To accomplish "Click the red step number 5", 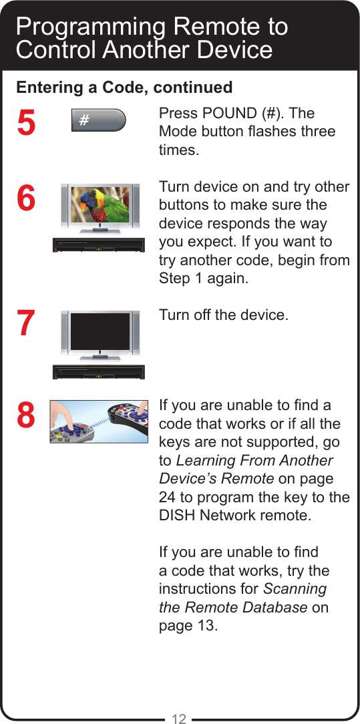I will [25, 124].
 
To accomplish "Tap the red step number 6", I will [25, 198].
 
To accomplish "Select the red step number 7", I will [25, 323].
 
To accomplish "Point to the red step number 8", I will [25, 415].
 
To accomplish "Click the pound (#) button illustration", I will [98, 120].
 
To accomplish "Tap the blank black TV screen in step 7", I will [100, 332].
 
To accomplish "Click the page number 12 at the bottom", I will [179, 719].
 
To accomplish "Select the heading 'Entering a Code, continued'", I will [124, 87].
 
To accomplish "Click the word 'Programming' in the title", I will [91, 27].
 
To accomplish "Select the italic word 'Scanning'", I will [295, 589].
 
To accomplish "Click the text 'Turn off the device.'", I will [224, 314].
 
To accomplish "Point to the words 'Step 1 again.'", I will [203, 278].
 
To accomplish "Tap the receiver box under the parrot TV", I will [99, 244].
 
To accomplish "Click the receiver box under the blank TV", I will [99, 371].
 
